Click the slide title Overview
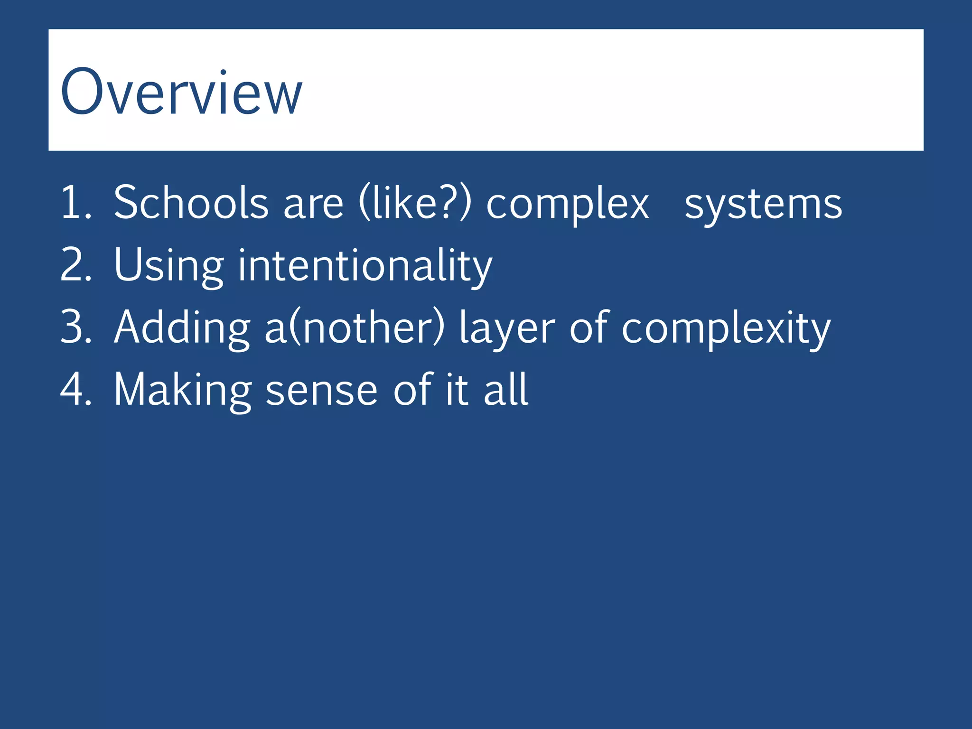pyautogui.click(x=181, y=92)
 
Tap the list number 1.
pyautogui.click(x=75, y=203)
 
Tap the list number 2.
pyautogui.click(x=75, y=265)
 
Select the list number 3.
pyautogui.click(x=75, y=327)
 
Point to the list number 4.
pyautogui.click(x=75, y=389)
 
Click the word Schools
pyautogui.click(x=191, y=203)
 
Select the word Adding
pyautogui.click(x=182, y=327)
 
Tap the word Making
pyautogui.click(x=183, y=390)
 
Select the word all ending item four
pyautogui.click(x=505, y=389)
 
